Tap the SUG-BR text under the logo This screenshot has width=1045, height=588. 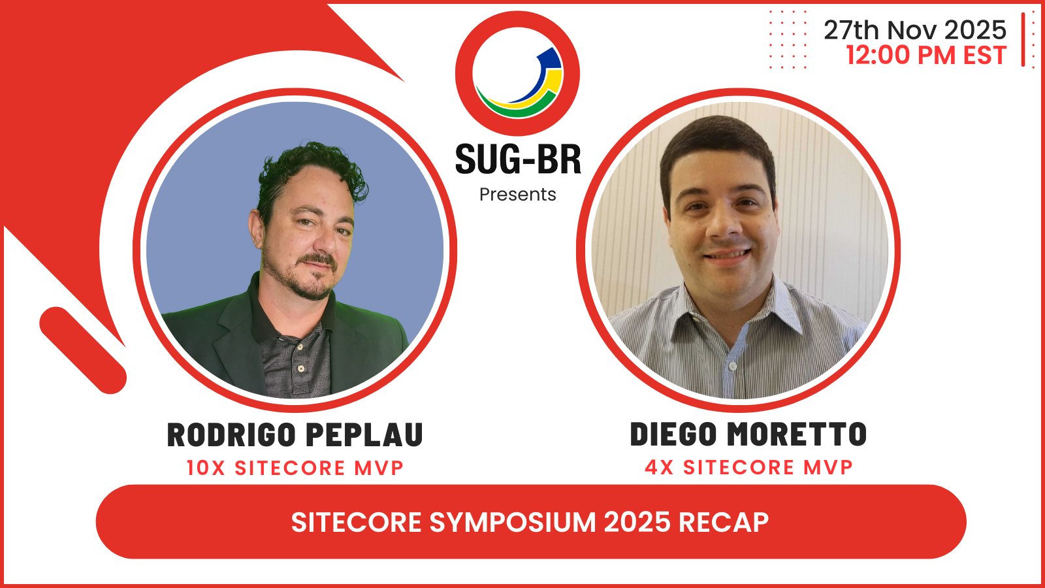(517, 159)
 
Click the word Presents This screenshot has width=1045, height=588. (517, 195)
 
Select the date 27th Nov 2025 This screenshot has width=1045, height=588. (914, 30)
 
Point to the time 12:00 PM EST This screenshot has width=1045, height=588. (926, 56)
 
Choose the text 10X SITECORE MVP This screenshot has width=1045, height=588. (295, 468)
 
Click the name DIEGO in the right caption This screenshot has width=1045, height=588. (673, 434)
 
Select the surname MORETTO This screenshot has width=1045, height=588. (797, 434)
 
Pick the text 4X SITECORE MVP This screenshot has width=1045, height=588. (748, 468)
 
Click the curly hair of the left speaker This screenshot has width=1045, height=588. (313, 163)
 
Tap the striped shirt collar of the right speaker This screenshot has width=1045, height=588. (771, 307)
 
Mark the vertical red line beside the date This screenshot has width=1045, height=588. (1023, 39)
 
